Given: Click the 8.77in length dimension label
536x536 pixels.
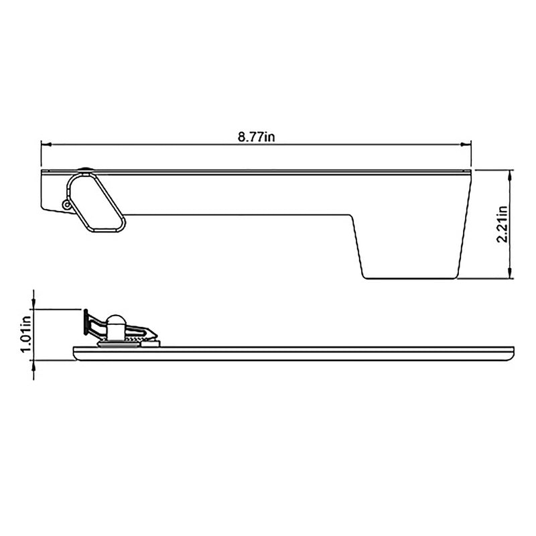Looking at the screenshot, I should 257,137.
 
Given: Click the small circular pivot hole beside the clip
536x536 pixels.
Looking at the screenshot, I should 66,204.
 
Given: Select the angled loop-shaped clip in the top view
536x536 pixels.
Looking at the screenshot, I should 96,202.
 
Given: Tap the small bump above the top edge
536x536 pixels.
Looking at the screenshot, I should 85,170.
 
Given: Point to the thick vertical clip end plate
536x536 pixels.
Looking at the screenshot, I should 86,322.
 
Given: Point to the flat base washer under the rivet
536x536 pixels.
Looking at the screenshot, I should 115,344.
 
